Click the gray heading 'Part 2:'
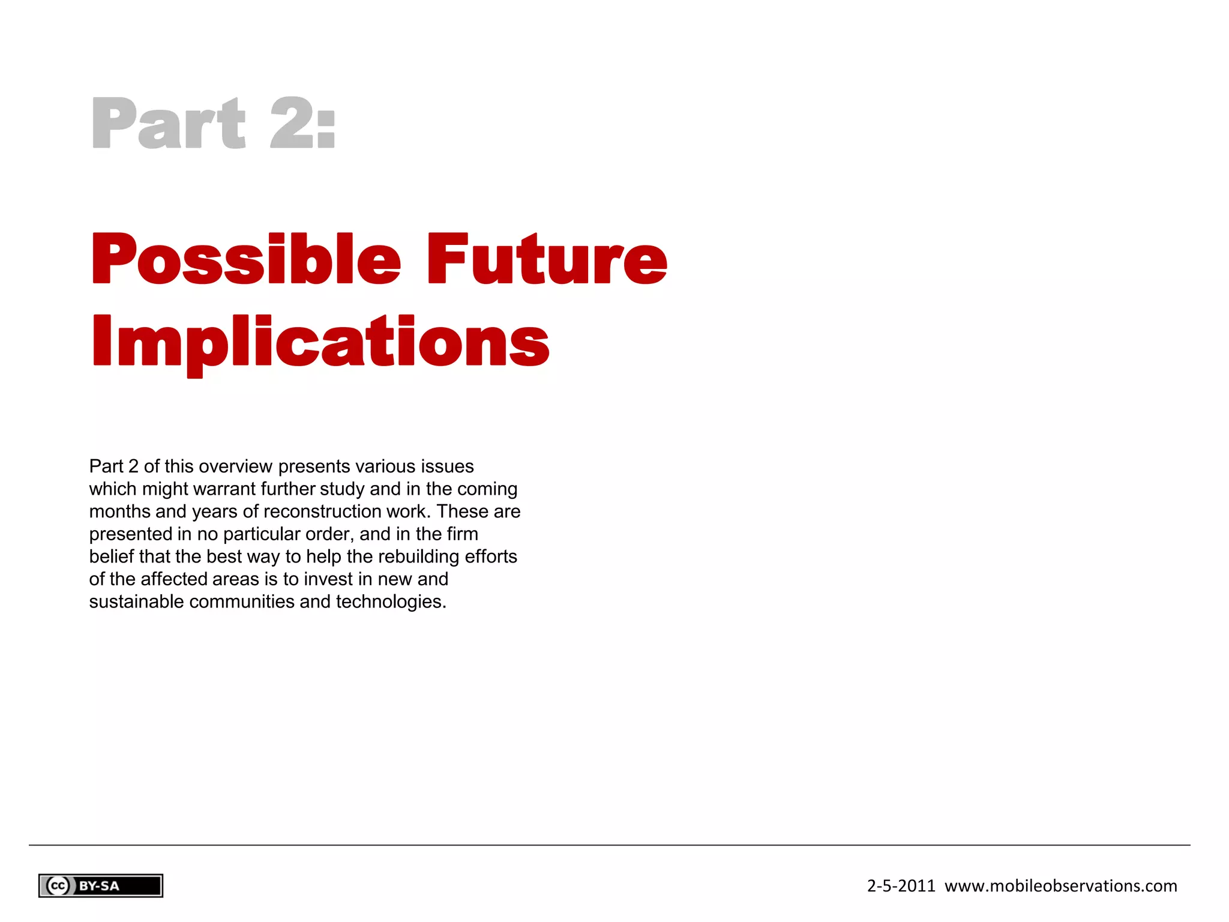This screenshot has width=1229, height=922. pos(213,123)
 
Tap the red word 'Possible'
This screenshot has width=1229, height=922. pos(245,259)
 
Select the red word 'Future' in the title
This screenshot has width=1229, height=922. pos(546,259)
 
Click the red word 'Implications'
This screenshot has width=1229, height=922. pos(320,342)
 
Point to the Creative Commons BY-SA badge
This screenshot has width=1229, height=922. pos(101,886)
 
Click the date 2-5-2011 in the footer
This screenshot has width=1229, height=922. pos(901,886)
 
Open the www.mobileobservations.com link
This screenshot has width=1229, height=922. pos(1060,886)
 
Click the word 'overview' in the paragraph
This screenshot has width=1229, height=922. pos(236,466)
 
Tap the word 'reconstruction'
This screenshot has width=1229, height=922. pos(322,511)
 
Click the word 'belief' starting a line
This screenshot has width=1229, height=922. pos(112,556)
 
